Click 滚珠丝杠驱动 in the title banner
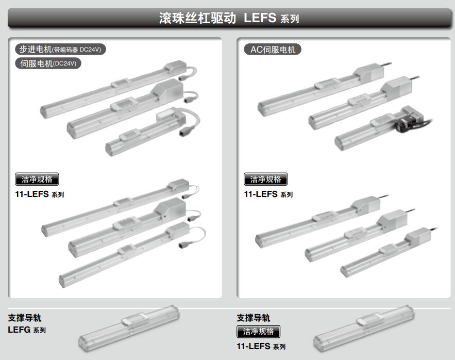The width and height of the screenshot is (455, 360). (197, 18)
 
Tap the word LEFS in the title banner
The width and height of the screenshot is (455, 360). (260, 18)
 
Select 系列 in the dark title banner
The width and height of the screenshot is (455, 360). (290, 19)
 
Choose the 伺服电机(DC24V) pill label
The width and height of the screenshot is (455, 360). (48, 63)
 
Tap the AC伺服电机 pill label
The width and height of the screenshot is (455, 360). (273, 50)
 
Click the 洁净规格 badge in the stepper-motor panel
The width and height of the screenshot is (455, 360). (37, 179)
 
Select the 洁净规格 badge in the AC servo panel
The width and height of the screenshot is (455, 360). (265, 179)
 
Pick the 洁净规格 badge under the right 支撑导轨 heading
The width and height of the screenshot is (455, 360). (258, 331)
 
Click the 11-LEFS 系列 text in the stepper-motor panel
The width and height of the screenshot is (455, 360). (40, 194)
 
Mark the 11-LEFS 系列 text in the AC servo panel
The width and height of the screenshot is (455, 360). (268, 194)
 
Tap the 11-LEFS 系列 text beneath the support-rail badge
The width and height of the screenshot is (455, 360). (261, 347)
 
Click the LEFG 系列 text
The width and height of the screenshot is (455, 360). (27, 330)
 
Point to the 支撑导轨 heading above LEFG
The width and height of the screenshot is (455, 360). (25, 318)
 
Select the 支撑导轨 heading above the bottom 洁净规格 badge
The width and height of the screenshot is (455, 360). (254, 318)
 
